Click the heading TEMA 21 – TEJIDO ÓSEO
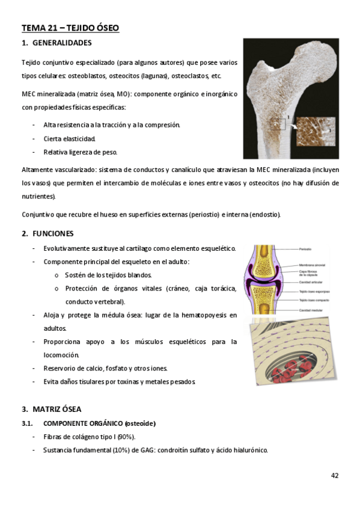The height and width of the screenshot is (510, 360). click(70, 28)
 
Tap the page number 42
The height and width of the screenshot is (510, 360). click(335, 475)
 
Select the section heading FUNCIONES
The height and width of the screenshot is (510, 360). click(57, 233)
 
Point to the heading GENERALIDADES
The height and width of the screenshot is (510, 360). click(62, 43)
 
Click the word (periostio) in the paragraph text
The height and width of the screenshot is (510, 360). click(204, 215)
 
